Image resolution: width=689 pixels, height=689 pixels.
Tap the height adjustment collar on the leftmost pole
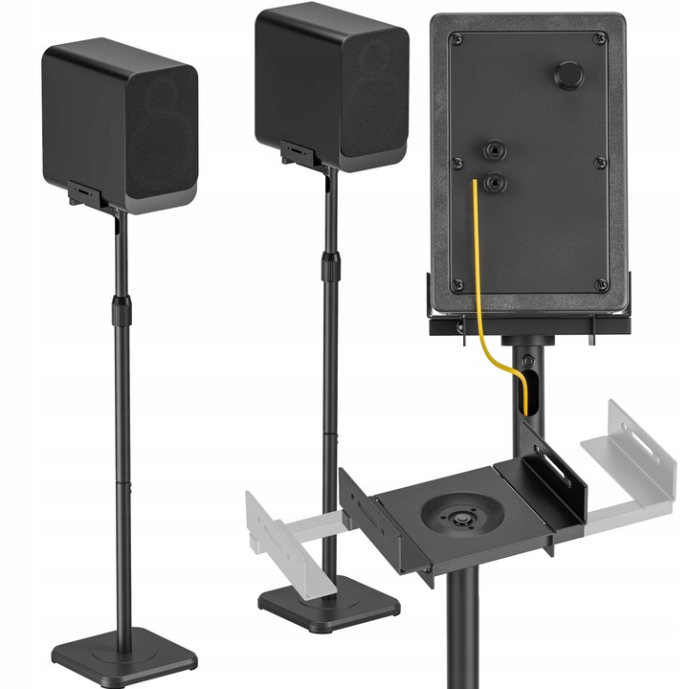tap(122, 311)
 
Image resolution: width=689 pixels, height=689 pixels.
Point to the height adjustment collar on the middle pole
tap(331, 266)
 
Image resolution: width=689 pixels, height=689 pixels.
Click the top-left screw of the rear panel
tap(456, 39)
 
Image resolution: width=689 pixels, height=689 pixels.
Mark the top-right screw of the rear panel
tap(600, 39)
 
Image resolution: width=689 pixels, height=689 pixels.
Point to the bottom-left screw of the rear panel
tap(456, 284)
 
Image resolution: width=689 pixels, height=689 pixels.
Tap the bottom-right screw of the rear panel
tap(601, 284)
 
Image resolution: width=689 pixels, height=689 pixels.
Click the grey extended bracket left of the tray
tap(282, 531)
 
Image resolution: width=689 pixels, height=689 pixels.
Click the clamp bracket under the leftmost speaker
tap(91, 196)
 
